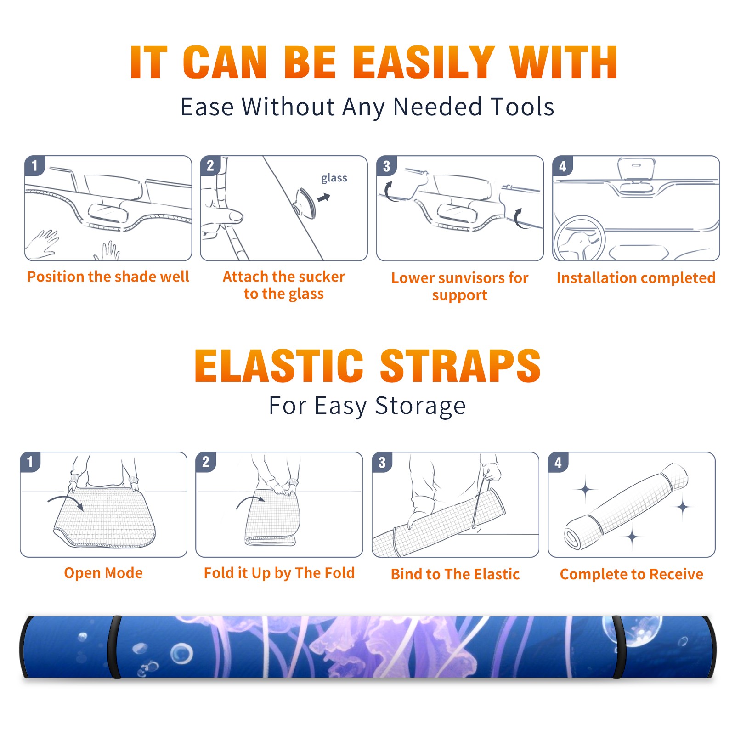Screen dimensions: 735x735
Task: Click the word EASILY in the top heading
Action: coord(424,62)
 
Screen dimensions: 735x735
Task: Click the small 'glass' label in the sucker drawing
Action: coord(334,178)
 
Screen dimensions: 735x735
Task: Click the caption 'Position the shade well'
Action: coord(108,277)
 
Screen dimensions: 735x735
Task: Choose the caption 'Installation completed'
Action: coord(636,277)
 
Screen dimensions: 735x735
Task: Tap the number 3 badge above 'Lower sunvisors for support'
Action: coord(386,166)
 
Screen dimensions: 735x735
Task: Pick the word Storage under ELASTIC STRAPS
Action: coord(420,406)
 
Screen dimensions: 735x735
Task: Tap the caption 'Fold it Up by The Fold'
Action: coord(279,573)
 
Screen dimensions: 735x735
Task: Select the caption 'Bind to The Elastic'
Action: coord(455,574)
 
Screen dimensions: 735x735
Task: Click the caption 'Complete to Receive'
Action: coord(632,574)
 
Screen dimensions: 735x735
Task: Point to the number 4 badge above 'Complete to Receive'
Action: coord(558,462)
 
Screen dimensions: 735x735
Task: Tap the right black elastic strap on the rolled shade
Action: coord(618,647)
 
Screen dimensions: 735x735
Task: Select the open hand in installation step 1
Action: coord(42,243)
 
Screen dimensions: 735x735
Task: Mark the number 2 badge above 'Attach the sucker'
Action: coord(210,165)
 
